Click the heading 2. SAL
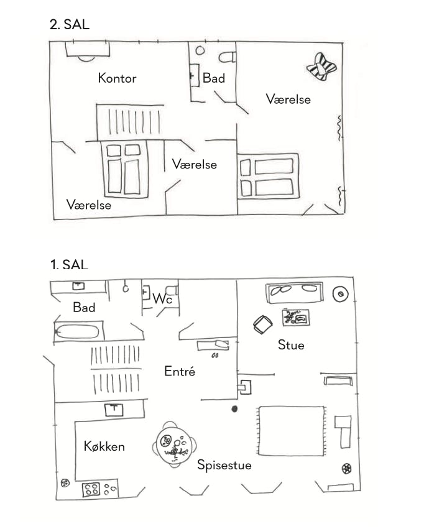pyautogui.click(x=69, y=25)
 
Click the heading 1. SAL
pyautogui.click(x=69, y=265)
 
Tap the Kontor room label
pyautogui.click(x=117, y=78)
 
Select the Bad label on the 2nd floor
pyautogui.click(x=214, y=78)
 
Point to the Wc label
pyautogui.click(x=162, y=299)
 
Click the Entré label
pyautogui.click(x=180, y=371)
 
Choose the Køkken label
pyautogui.click(x=104, y=446)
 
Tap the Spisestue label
pyautogui.click(x=224, y=464)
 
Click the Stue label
pyautogui.click(x=291, y=344)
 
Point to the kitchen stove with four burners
pyautogui.click(x=92, y=489)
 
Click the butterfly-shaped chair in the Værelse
pyautogui.click(x=321, y=66)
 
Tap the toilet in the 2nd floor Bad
pyautogui.click(x=228, y=57)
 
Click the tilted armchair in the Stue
pyautogui.click(x=263, y=324)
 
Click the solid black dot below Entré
pyautogui.click(x=234, y=409)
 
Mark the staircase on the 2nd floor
pyautogui.click(x=130, y=121)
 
